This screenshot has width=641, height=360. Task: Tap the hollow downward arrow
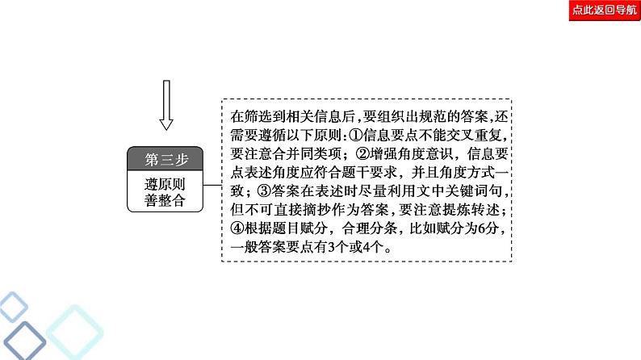tap(166, 104)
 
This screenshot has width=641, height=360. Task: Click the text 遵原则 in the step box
tap(165, 182)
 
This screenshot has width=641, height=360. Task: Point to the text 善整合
tap(165, 201)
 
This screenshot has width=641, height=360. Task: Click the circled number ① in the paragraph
tap(382, 131)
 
